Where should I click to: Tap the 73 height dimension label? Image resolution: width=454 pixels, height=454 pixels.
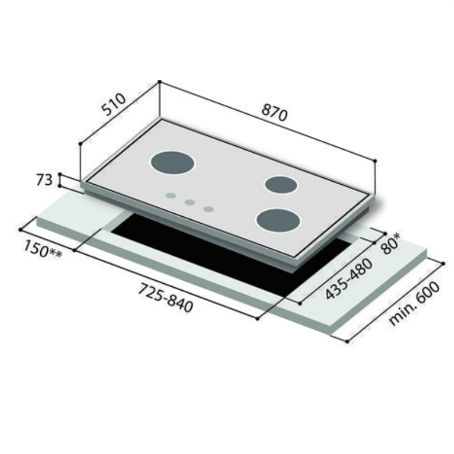coord(44,180)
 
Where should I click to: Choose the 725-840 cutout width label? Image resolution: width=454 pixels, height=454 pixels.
coord(166,297)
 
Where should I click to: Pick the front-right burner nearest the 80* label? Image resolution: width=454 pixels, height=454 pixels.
coord(277,220)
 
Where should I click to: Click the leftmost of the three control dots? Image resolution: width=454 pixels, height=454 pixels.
coord(170,196)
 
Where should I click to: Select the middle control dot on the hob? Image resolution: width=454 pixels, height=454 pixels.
coord(189,202)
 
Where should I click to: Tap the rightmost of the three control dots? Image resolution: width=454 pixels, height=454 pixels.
coord(209,209)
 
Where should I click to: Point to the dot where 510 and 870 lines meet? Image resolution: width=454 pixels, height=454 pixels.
coord(159,82)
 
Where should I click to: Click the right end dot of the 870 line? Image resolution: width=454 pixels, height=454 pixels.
coord(375,160)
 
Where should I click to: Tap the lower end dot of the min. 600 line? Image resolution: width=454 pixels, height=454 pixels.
coord(347,342)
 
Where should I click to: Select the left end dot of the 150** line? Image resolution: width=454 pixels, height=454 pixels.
coord(20,229)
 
